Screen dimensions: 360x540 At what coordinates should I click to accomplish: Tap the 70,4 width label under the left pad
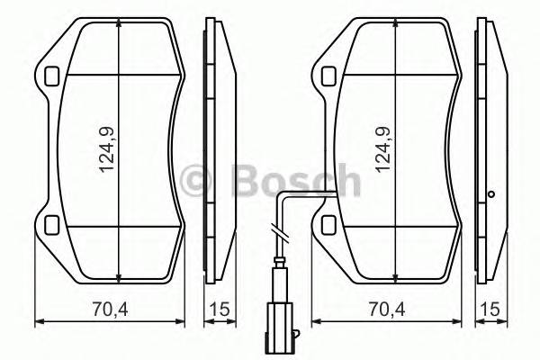[109, 310]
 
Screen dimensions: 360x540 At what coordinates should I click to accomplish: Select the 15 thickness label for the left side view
[217, 310]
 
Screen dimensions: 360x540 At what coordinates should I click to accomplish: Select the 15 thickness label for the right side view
[490, 310]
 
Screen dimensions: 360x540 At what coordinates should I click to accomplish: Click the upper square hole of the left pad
[50, 76]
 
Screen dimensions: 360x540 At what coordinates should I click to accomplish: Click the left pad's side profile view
[216, 148]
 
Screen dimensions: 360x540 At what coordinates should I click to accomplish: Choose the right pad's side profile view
[490, 148]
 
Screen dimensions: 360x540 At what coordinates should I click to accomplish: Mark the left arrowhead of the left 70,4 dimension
[37, 321]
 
